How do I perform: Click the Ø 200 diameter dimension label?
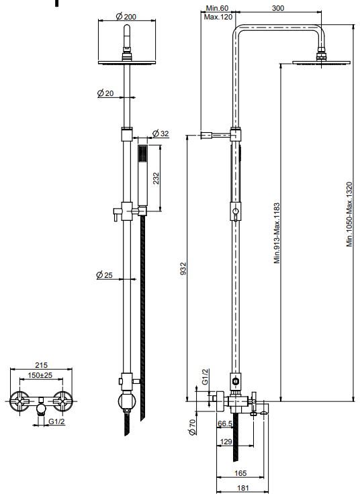pyautogui.click(x=126, y=16)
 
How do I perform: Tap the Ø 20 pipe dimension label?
pyautogui.click(x=105, y=93)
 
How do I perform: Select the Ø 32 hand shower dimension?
pyautogui.click(x=161, y=133)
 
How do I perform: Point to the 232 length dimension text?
pyautogui.click(x=156, y=178)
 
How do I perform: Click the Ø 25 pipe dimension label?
pyautogui.click(x=105, y=275)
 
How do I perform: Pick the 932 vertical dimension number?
pyautogui.click(x=183, y=268)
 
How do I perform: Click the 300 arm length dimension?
pyautogui.click(x=278, y=8)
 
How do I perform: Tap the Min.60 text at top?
pyautogui.click(x=217, y=8)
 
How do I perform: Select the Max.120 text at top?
pyautogui.click(x=218, y=17)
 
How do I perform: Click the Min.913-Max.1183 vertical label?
pyautogui.click(x=277, y=233)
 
